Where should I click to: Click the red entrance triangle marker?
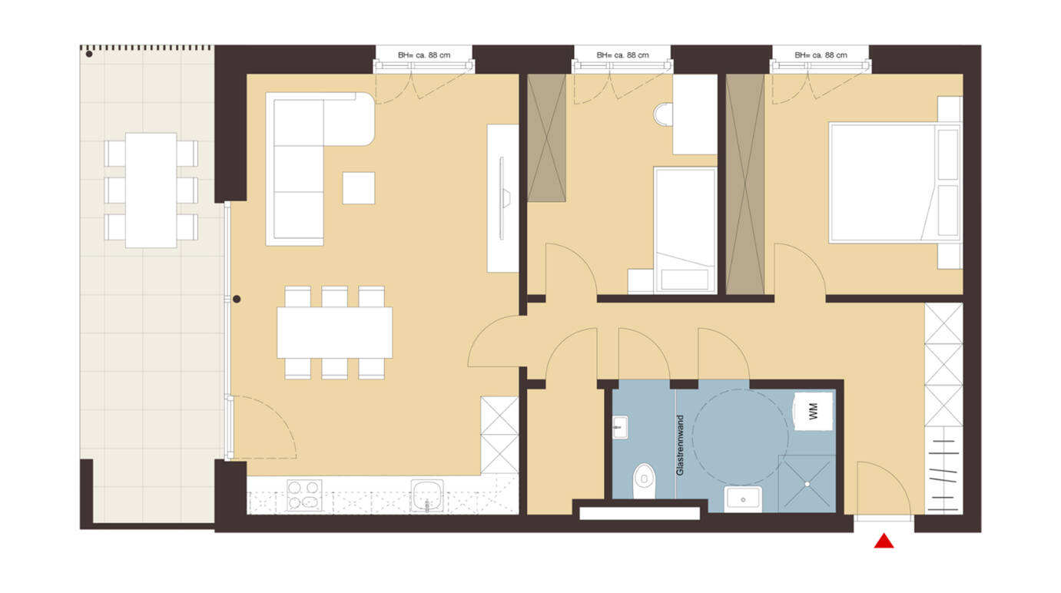884,542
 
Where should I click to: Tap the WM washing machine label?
814,411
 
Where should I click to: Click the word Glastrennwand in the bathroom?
680,446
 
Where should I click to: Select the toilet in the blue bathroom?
644,481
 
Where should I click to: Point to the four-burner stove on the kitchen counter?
304,495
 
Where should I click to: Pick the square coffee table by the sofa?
359,188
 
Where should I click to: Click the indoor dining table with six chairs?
334,333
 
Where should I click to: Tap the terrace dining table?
151,190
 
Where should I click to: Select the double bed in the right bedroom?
895,183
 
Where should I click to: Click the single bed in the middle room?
685,230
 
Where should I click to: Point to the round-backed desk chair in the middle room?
663,114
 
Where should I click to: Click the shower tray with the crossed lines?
807,484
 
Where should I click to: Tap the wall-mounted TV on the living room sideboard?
503,198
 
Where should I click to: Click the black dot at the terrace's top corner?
89,54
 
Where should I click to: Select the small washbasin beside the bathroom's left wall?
620,427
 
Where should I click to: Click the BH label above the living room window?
424,55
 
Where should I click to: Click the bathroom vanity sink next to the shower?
743,499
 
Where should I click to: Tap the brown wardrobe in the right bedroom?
745,184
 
